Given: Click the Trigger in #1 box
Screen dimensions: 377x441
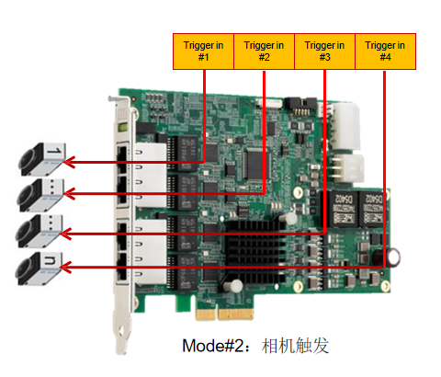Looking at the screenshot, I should tap(204, 51).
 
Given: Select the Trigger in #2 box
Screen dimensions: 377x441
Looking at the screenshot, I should tap(265, 51).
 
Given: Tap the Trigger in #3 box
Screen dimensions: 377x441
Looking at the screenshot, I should tap(324, 51).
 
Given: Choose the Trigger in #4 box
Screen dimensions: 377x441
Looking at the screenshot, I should tap(385, 51).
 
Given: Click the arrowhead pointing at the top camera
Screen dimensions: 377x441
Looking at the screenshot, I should tap(72, 162).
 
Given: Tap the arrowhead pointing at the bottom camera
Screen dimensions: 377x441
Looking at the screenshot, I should tap(72, 267).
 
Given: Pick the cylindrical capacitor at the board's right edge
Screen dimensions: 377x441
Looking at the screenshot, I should tap(393, 258).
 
